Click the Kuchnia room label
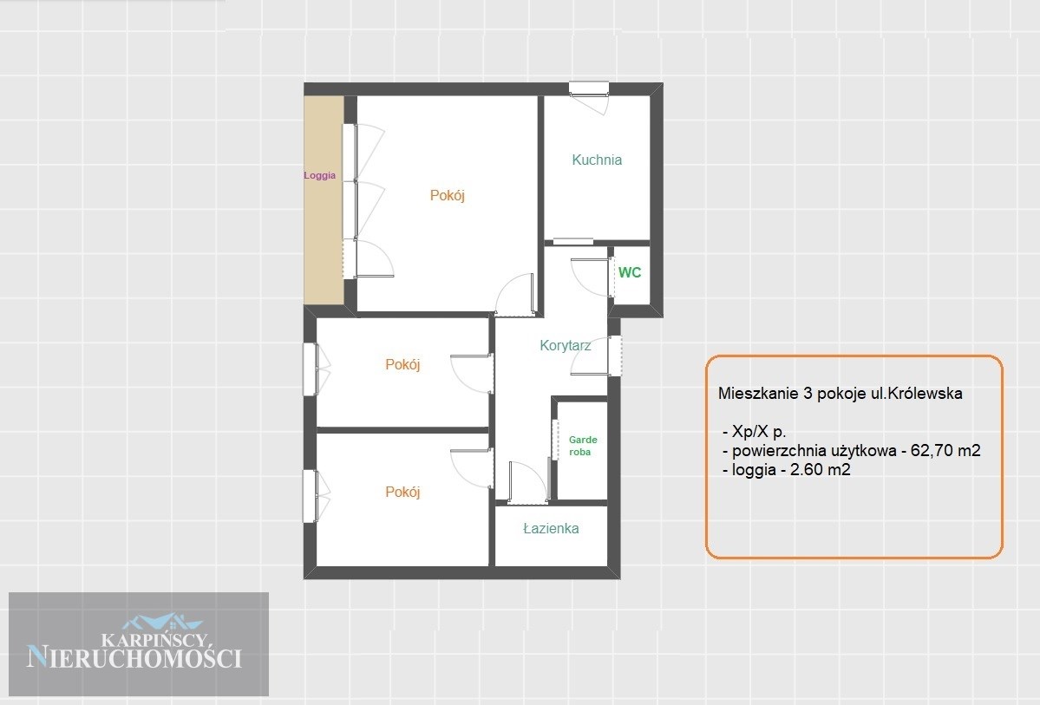[597, 160]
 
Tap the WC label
[630, 272]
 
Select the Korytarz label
[565, 345]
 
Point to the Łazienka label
[551, 529]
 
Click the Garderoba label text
[583, 446]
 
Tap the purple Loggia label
[320, 176]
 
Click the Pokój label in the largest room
[447, 196]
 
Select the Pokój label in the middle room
[402, 365]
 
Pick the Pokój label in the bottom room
[402, 492]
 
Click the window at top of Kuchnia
[589, 88]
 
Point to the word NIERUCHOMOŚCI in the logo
[134, 657]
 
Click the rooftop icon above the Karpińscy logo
[162, 622]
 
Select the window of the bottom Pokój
[311, 496]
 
